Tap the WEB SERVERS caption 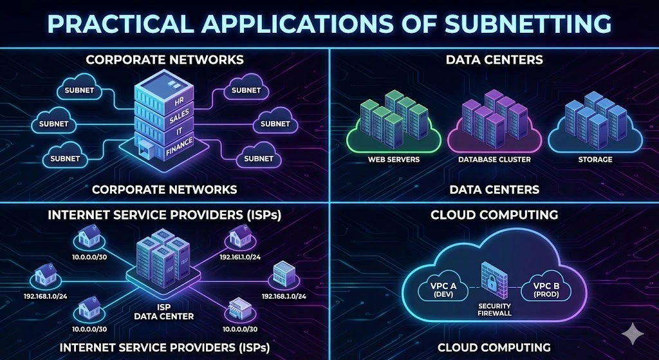click(393, 159)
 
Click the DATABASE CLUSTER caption click(494, 159)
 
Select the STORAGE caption click(595, 159)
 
